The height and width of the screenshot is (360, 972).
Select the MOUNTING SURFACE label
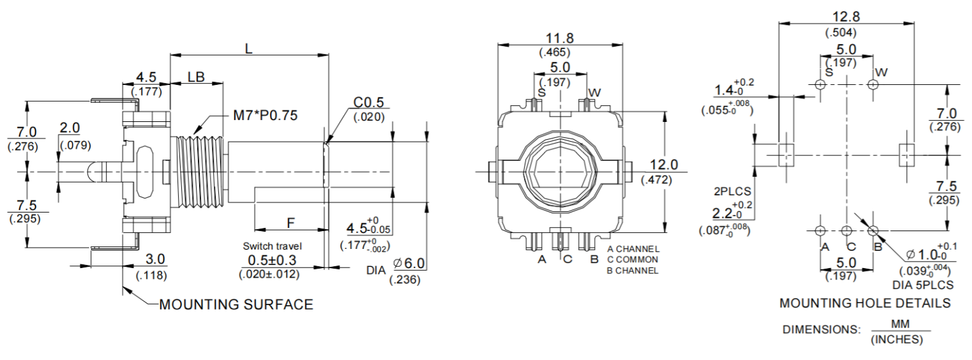(236, 304)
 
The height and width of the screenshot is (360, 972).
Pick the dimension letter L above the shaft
(249, 48)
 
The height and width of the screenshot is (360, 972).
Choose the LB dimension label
(196, 77)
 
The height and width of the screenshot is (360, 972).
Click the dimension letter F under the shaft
(290, 223)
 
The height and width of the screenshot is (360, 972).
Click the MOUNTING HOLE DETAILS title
(865, 303)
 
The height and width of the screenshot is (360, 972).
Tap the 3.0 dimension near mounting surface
(155, 259)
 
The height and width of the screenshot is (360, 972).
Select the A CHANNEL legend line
(632, 249)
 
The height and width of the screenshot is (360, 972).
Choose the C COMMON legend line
(632, 260)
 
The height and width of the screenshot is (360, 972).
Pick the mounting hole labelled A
(820, 230)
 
